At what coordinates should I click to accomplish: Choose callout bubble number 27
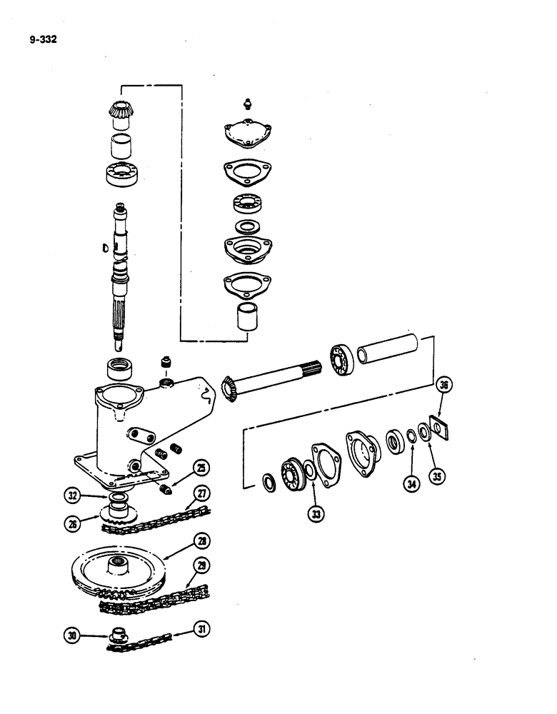coord(202,492)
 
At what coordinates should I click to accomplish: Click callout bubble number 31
coord(203,630)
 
